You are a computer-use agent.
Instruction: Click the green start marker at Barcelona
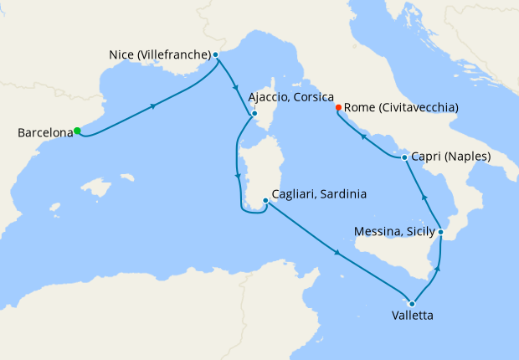pos(77,131)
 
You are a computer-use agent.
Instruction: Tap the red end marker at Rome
pos(338,107)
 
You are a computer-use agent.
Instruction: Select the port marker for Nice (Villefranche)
pos(216,55)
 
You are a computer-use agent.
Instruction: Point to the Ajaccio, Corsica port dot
pos(254,114)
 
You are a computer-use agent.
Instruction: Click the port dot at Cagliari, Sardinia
pos(265,200)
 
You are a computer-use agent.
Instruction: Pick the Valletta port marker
pos(412,303)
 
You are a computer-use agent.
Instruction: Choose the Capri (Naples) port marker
pos(404,157)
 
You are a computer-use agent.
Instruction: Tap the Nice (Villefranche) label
pos(159,55)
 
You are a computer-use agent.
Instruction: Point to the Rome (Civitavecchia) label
pos(400,107)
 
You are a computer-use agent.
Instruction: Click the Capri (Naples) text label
pos(450,157)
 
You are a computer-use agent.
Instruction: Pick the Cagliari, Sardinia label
pos(320,195)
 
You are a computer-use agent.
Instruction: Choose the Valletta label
pos(412,316)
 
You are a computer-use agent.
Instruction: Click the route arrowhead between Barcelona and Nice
pos(153,105)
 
